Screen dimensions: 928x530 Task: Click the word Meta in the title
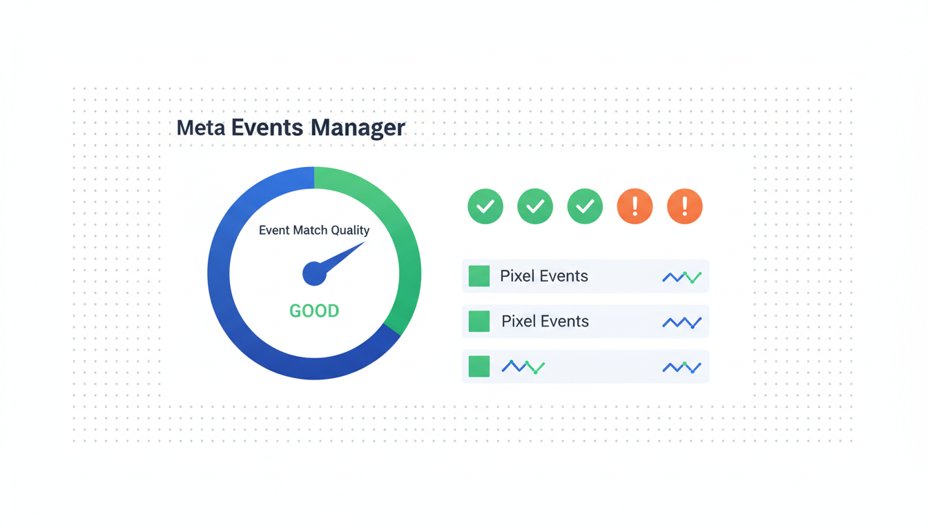(x=201, y=128)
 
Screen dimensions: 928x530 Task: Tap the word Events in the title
(x=267, y=128)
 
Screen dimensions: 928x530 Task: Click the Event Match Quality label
(x=314, y=230)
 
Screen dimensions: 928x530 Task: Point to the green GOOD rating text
(x=314, y=311)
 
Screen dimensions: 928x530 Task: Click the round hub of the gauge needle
(x=314, y=274)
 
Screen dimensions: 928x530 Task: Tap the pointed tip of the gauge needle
(x=365, y=242)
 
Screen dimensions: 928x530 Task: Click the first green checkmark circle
(x=485, y=206)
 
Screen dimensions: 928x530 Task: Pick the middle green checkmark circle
(x=535, y=206)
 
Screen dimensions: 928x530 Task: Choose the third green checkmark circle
(x=585, y=206)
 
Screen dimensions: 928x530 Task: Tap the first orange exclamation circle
(x=635, y=206)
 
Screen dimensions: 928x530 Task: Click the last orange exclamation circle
(x=684, y=206)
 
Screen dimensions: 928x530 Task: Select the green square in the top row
(x=479, y=276)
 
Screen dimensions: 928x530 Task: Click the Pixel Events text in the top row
(x=544, y=276)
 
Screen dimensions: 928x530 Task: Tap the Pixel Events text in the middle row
(x=545, y=322)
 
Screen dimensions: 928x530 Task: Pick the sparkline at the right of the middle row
(x=682, y=322)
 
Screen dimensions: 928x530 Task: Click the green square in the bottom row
(x=479, y=366)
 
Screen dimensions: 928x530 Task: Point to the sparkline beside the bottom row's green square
(x=523, y=367)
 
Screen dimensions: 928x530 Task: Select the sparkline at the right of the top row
(x=682, y=277)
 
